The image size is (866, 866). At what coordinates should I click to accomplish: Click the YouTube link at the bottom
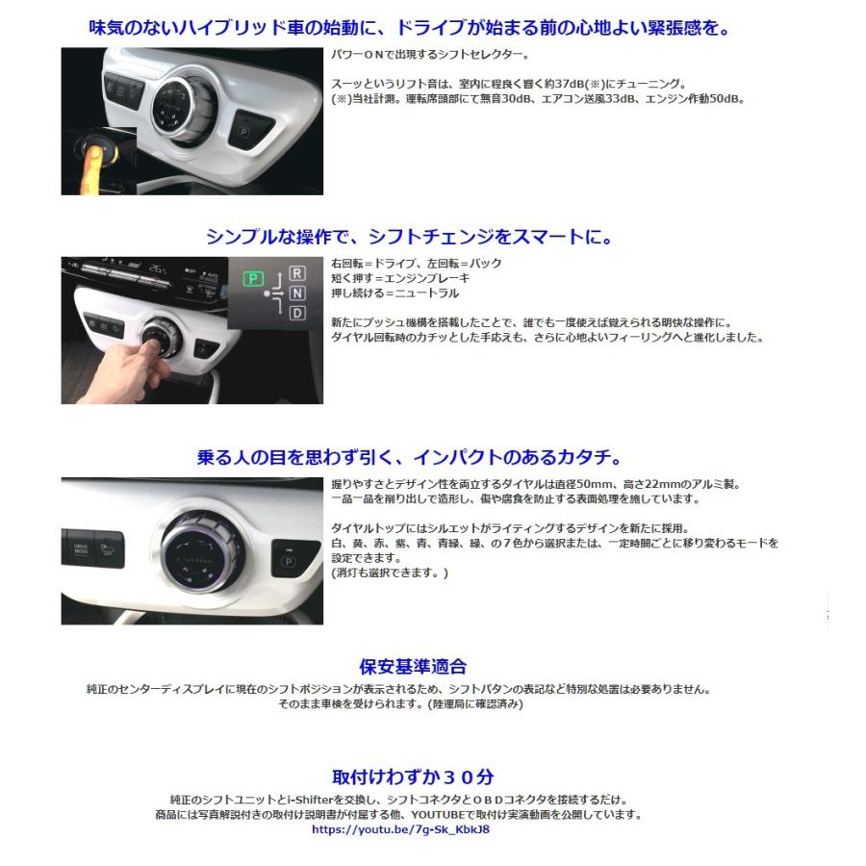[x=400, y=829]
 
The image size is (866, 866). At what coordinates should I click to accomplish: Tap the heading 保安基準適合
[x=413, y=666]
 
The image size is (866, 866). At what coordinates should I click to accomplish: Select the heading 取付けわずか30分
[x=413, y=777]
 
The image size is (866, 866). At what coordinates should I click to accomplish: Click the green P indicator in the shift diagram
[x=252, y=280]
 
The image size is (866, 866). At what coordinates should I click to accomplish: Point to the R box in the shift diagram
[x=297, y=273]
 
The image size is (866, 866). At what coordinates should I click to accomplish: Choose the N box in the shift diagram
[x=297, y=293]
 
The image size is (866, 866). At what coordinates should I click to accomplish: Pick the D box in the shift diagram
[x=297, y=313]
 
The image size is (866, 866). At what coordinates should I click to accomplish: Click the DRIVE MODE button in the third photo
[x=81, y=549]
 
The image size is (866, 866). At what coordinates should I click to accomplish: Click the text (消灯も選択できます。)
[x=390, y=573]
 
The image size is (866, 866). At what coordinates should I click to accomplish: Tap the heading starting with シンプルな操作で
[x=409, y=236]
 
